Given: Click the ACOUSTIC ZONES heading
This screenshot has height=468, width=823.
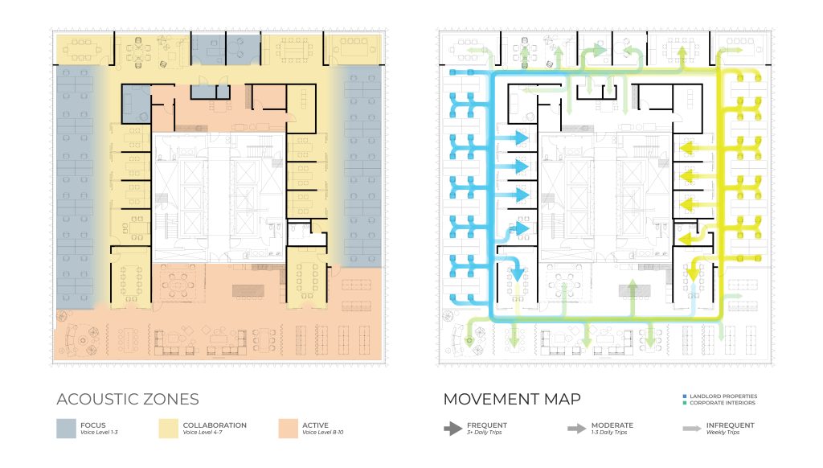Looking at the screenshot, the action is [x=128, y=399].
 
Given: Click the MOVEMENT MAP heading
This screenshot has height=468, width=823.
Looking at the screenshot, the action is [x=512, y=399].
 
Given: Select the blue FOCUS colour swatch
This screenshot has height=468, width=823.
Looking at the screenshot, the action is [x=66, y=429].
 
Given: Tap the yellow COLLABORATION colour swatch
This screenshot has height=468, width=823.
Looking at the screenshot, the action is [x=169, y=429].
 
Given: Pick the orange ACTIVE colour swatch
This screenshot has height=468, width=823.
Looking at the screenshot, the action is [x=289, y=429].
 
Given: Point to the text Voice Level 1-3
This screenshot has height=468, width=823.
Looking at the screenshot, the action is [x=99, y=433].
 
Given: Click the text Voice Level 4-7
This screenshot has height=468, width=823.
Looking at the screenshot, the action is [x=202, y=433].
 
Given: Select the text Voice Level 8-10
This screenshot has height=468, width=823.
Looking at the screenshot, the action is [x=322, y=433].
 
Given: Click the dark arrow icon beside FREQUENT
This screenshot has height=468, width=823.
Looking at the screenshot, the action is [x=453, y=429].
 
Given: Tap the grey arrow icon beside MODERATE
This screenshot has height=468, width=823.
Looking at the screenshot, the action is [x=576, y=429].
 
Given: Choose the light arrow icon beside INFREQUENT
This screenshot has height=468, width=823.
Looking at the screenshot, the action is [x=692, y=429].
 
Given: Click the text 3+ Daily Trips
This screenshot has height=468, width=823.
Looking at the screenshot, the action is [x=484, y=433].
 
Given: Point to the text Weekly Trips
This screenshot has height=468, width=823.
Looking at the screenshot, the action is [x=723, y=433].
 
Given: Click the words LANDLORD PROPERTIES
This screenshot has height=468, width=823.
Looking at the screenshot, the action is [x=723, y=396].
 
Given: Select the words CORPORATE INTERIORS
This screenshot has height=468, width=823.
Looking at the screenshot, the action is [x=723, y=403].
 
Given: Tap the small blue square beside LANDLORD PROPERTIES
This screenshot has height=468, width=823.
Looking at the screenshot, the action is [x=685, y=396].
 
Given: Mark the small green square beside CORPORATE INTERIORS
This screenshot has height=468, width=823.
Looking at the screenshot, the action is [x=685, y=403].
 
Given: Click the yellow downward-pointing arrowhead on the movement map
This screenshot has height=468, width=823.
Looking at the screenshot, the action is [x=694, y=275].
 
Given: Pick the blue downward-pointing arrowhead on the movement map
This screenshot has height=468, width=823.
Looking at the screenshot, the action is [x=517, y=273].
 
